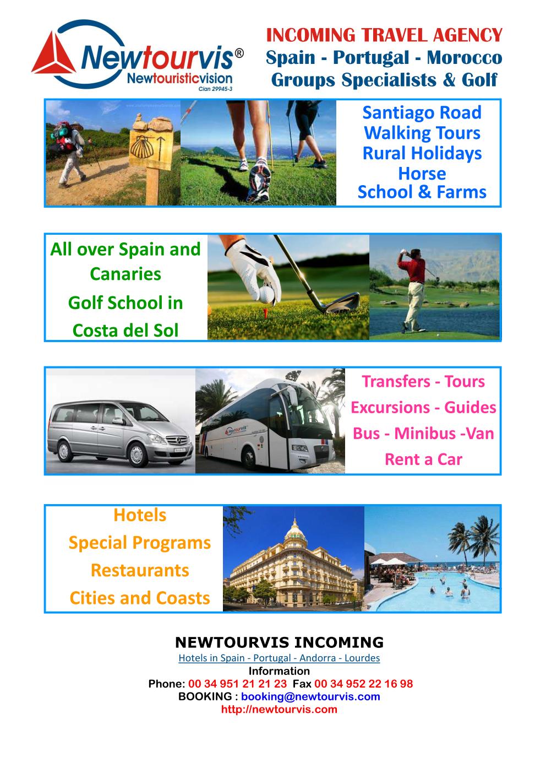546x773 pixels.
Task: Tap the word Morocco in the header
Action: [464, 57]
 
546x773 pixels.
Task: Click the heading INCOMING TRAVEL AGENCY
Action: [384, 35]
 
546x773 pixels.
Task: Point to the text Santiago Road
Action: [422, 112]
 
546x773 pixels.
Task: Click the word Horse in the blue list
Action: [422, 174]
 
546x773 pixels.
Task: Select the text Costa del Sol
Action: [125, 330]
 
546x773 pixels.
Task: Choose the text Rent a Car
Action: [423, 459]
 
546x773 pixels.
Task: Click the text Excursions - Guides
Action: [423, 407]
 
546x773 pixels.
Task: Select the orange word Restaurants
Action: [140, 570]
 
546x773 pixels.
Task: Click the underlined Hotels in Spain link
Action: [279, 658]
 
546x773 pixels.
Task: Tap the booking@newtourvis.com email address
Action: [310, 696]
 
